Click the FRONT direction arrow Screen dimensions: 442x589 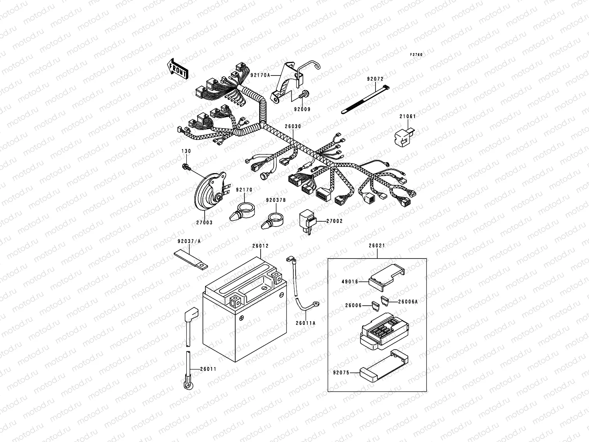[178, 69]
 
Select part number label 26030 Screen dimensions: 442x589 [293, 126]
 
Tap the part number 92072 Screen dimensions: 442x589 [375, 79]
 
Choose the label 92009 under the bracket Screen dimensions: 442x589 [302, 109]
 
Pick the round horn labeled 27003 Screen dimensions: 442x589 [208, 192]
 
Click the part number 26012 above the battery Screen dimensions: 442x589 [260, 246]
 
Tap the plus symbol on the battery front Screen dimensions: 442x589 [241, 318]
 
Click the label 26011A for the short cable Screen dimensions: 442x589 [306, 323]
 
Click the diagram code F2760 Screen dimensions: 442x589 [417, 55]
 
